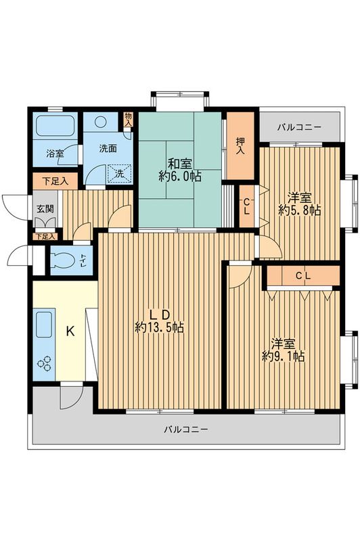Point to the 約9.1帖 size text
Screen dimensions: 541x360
tap(283, 356)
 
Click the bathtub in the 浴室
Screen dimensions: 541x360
tap(56, 126)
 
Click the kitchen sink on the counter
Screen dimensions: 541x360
tap(44, 326)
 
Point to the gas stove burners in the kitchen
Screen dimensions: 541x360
tap(45, 363)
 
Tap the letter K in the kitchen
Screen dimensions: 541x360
tap(70, 332)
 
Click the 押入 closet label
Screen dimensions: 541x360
tap(240, 147)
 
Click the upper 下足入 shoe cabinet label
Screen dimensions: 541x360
tap(51, 181)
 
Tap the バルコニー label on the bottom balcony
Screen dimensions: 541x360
tap(185, 429)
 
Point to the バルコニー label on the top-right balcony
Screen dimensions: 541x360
tap(300, 127)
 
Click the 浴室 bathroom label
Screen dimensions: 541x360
tap(55, 154)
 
